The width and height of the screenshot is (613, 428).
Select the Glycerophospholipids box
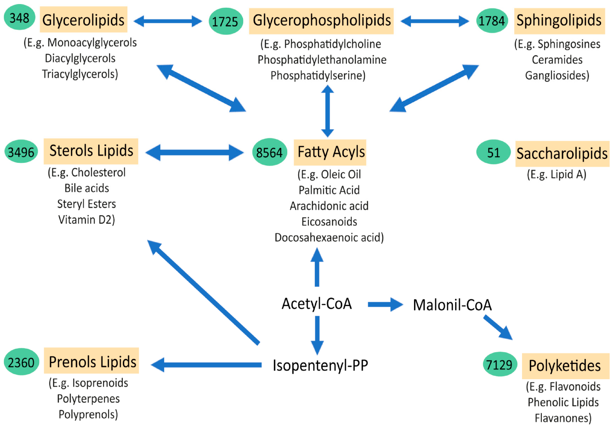point(321,21)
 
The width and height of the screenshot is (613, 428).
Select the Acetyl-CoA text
point(317,304)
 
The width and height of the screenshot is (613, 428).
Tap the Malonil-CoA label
point(452,305)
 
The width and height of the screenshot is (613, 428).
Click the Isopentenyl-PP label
point(320,365)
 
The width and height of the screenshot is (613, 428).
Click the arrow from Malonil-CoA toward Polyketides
point(498,327)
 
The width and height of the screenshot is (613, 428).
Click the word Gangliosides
point(557,75)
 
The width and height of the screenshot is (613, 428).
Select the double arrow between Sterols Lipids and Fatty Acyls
point(195,153)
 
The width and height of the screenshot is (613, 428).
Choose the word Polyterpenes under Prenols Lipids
point(88,399)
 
